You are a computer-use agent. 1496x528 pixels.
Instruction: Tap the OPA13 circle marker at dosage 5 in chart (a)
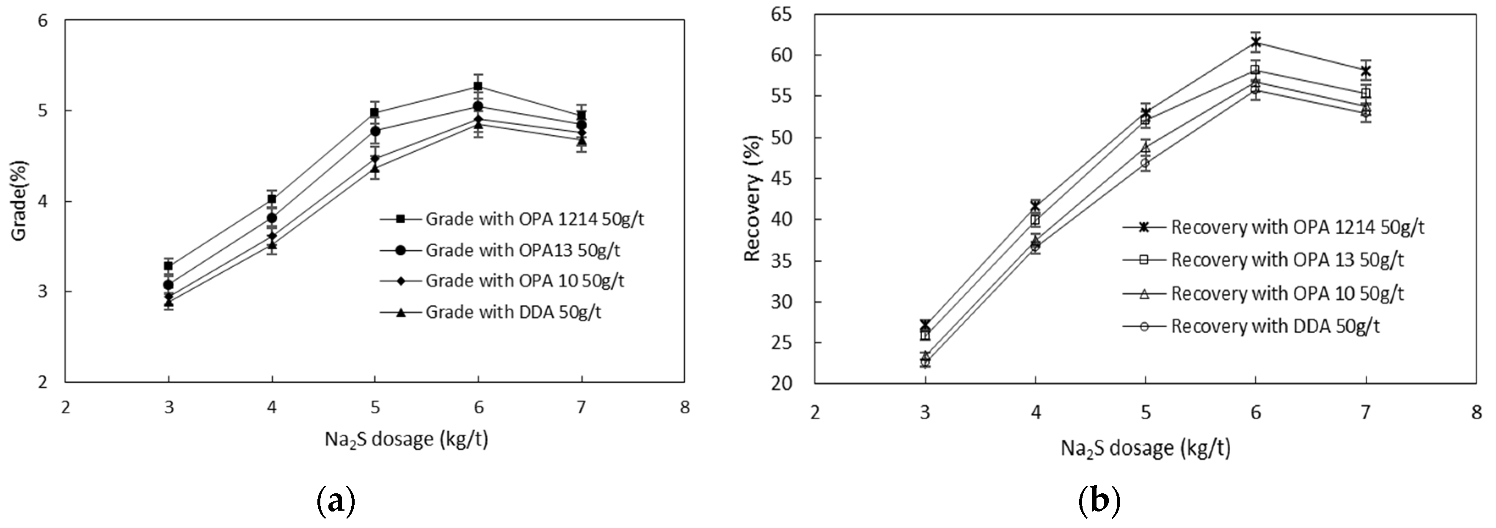click(x=375, y=131)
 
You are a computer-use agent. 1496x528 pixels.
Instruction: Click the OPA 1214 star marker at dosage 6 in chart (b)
click(x=1256, y=42)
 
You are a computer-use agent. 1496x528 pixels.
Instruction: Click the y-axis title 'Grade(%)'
click(x=20, y=200)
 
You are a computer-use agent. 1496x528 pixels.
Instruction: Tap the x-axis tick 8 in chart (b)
click(x=1476, y=413)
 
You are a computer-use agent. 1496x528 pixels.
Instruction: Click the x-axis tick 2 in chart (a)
click(x=65, y=408)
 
